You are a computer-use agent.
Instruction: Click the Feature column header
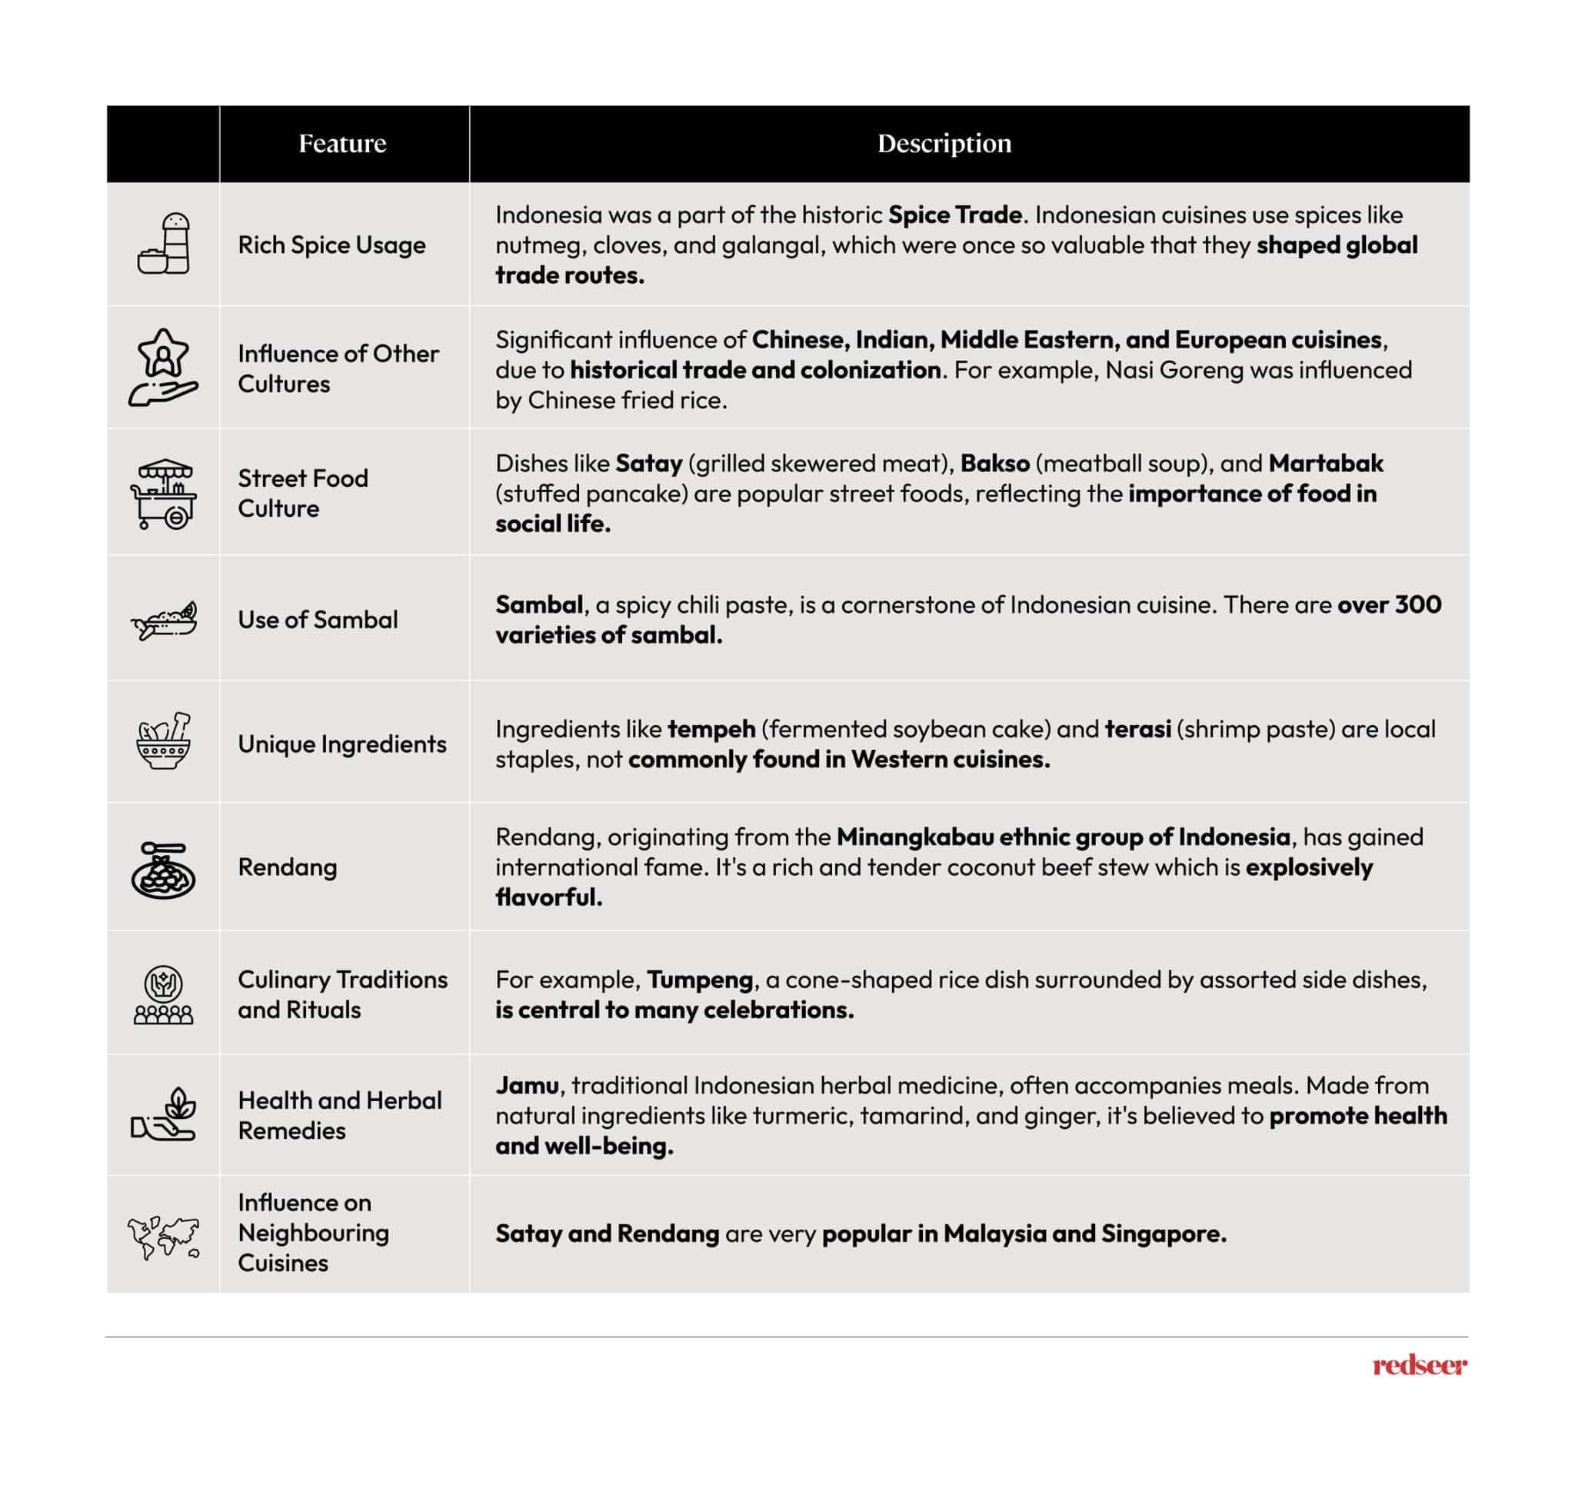(342, 144)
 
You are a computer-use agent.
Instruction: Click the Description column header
(944, 144)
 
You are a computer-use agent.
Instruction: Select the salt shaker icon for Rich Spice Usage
(164, 244)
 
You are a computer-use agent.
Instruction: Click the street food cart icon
(163, 494)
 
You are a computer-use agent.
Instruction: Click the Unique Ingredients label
(341, 744)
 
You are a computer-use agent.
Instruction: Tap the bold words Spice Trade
(955, 215)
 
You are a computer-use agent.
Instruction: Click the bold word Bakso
(994, 463)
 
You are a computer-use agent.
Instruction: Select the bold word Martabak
(1326, 463)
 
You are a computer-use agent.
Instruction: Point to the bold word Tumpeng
(700, 980)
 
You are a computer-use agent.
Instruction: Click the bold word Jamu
(528, 1085)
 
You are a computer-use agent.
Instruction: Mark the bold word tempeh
(711, 729)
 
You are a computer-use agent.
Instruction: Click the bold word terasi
(1138, 729)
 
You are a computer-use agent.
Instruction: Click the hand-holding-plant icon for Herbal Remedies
(163, 1114)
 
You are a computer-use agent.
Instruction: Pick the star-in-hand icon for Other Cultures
(163, 368)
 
